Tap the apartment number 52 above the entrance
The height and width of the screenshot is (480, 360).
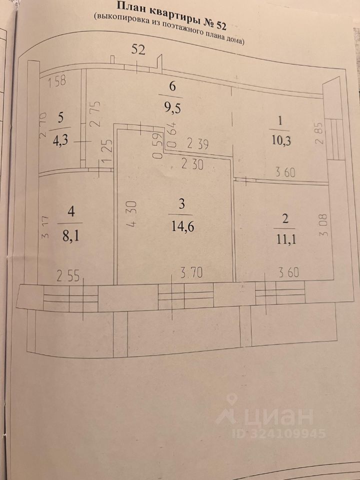pyautogui.click(x=138, y=49)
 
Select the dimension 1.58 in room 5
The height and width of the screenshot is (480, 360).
pyautogui.click(x=57, y=82)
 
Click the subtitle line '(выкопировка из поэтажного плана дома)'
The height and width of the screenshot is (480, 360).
pyautogui.click(x=169, y=29)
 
